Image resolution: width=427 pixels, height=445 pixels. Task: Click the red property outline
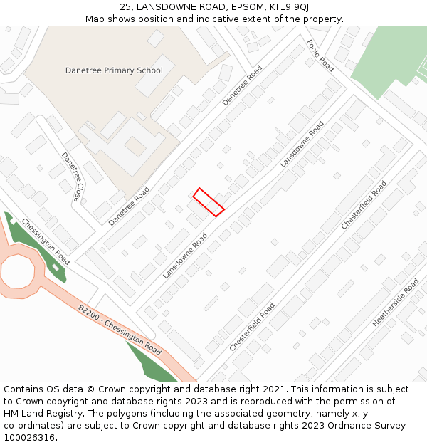click(209, 201)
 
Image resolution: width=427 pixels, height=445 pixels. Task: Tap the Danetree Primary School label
click(114, 70)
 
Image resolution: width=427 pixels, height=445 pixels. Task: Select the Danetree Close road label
click(71, 177)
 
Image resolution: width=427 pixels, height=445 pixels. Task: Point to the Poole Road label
click(320, 55)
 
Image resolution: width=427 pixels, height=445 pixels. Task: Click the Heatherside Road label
click(395, 302)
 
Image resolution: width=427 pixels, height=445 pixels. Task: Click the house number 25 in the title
click(125, 7)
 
